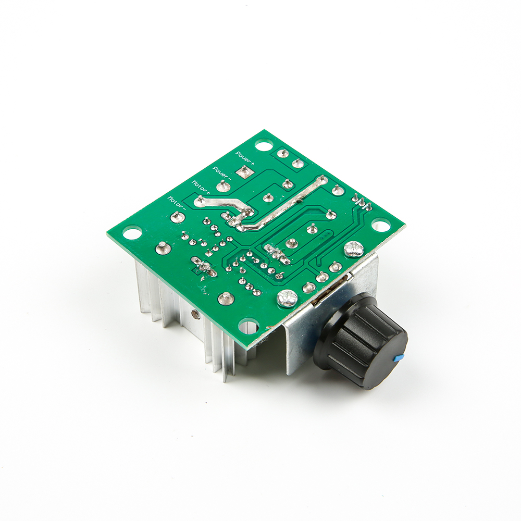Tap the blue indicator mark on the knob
398,358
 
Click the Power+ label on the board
245,159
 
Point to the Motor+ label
201,187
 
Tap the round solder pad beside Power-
224,186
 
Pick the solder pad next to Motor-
178,217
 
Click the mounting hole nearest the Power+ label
264,145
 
